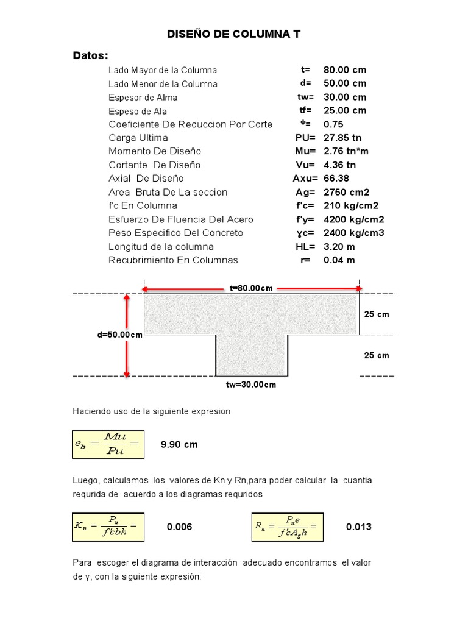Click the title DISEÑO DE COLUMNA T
(x=234, y=35)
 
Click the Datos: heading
(x=91, y=56)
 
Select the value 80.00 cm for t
(x=345, y=70)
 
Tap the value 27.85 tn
(x=342, y=138)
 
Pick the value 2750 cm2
(x=346, y=192)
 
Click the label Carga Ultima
(x=138, y=138)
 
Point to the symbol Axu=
(x=305, y=179)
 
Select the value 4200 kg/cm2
(x=353, y=219)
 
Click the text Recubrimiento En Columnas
(x=173, y=260)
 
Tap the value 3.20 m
(x=339, y=247)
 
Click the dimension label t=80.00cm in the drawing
(x=251, y=288)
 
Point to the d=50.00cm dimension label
(x=119, y=335)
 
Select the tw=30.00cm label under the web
(x=251, y=385)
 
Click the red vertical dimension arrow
(x=127, y=335)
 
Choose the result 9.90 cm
(x=179, y=444)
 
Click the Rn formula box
(x=288, y=526)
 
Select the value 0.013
(x=358, y=526)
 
